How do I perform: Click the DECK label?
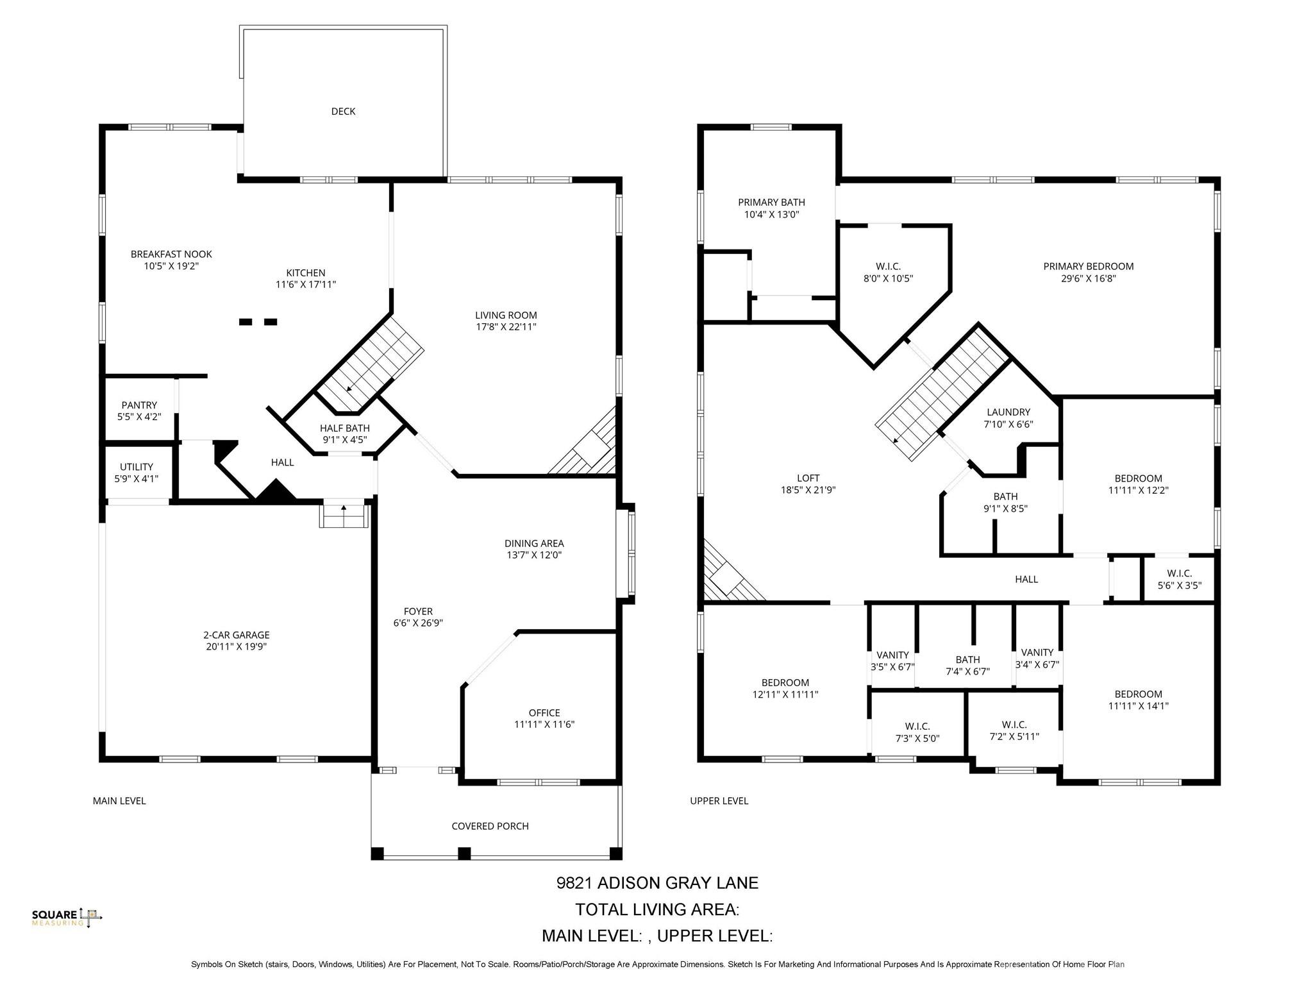(x=343, y=112)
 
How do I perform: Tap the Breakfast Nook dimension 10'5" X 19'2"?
(x=171, y=266)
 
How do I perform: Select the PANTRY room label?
(x=139, y=405)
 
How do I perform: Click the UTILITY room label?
(x=136, y=467)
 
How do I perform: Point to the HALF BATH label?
(x=345, y=428)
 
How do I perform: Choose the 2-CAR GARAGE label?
(x=236, y=635)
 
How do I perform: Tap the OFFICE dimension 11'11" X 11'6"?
(x=544, y=725)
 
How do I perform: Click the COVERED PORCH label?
(x=490, y=826)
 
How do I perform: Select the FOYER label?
(x=418, y=612)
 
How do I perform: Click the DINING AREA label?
(x=533, y=544)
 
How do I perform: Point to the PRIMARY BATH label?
(x=771, y=203)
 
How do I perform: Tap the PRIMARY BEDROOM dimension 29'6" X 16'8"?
(x=1088, y=278)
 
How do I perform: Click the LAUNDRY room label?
(x=1008, y=412)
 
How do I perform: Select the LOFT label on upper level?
(x=808, y=478)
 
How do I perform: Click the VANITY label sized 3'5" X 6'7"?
(x=892, y=655)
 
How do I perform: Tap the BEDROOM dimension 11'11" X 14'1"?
(x=1138, y=706)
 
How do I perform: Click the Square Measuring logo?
(x=67, y=918)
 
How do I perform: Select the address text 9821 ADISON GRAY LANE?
(x=656, y=883)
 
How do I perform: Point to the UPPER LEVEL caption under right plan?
(x=719, y=801)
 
